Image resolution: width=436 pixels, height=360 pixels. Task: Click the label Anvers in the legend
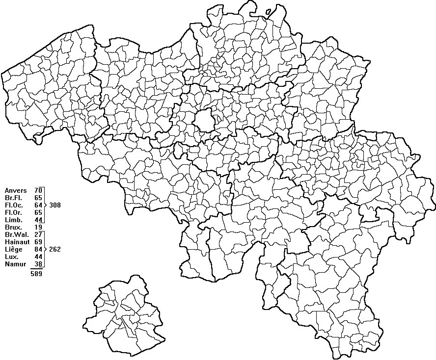(16, 190)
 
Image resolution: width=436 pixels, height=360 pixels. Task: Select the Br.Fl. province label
(13, 198)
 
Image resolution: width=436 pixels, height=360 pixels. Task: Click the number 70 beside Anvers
(38, 190)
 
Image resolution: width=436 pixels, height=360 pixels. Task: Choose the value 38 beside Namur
(38, 264)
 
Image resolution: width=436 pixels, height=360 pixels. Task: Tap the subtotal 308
(55, 205)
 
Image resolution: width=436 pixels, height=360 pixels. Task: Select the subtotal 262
(55, 250)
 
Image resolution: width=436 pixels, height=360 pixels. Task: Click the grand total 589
(36, 274)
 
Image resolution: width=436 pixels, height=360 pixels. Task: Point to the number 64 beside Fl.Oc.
(38, 205)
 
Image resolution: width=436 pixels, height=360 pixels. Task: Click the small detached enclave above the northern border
(269, 11)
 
